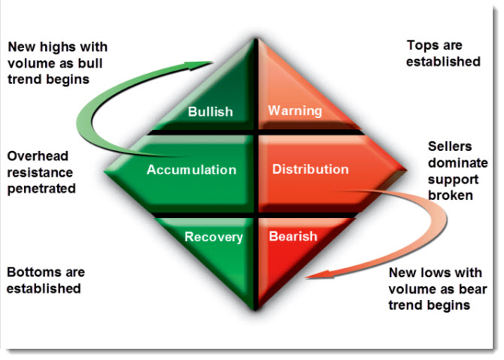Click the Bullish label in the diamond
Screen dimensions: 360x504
(x=210, y=111)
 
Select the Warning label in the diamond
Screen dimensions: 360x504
(x=295, y=111)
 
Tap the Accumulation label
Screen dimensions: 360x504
(x=191, y=169)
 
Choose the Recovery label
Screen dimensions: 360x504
(x=214, y=237)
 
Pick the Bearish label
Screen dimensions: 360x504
(x=293, y=237)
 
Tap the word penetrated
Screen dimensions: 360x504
(x=41, y=189)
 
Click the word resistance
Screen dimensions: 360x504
(x=39, y=172)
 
